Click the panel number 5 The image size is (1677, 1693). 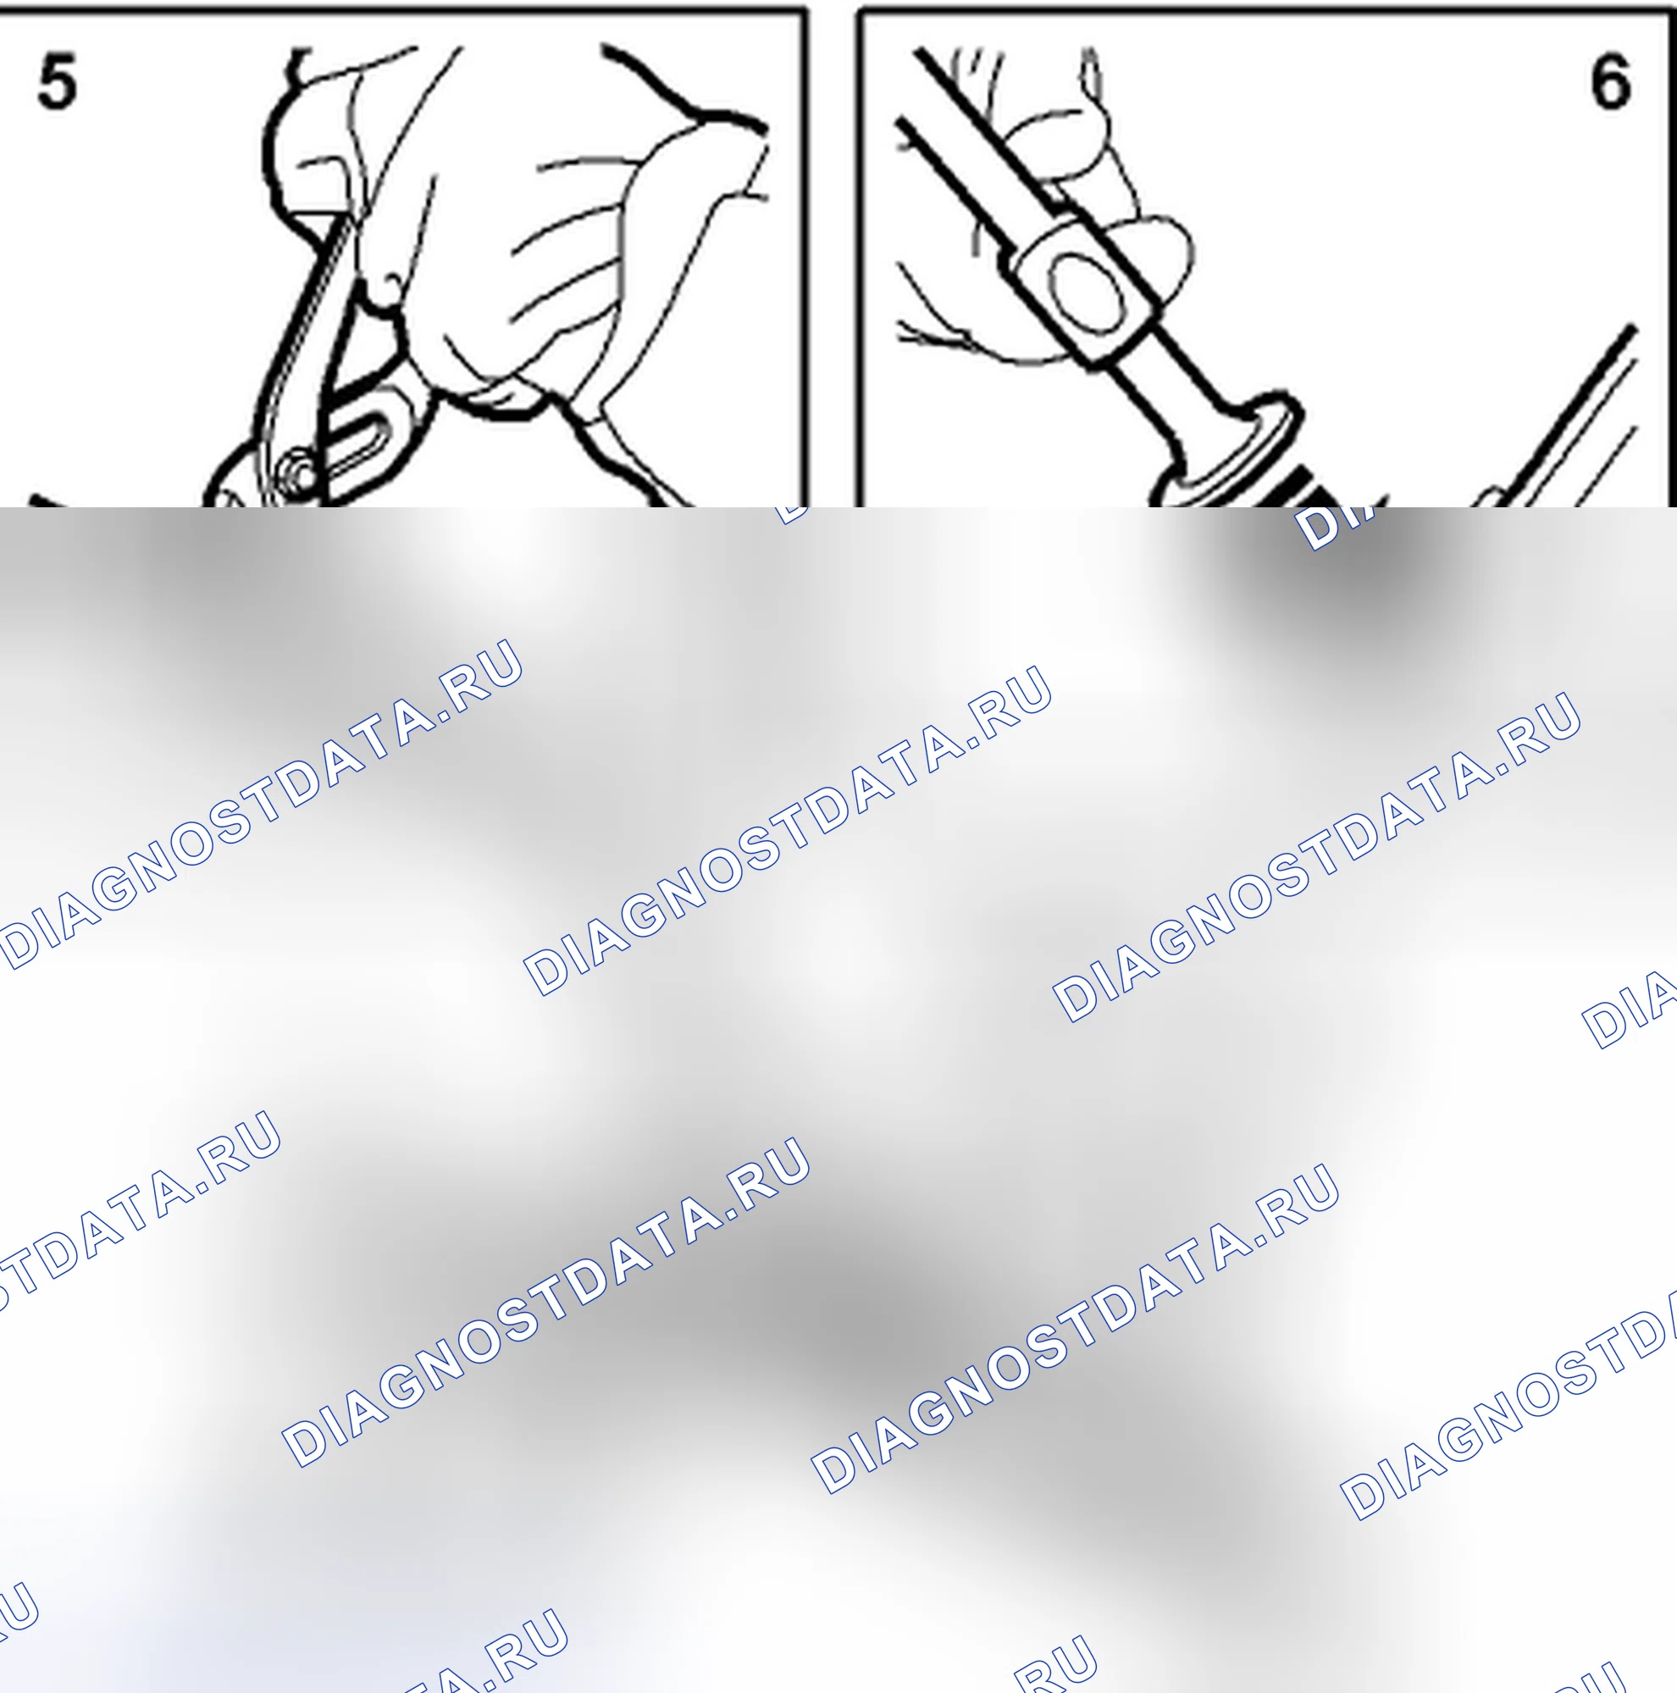[x=57, y=81]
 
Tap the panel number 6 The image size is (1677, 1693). [x=1610, y=81]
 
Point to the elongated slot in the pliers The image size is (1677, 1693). [x=359, y=443]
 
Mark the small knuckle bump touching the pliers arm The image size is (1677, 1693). [x=385, y=289]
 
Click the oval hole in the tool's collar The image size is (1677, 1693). [x=1087, y=294]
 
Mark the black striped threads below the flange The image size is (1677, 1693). [x=1297, y=486]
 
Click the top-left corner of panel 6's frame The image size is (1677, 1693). [x=859, y=10]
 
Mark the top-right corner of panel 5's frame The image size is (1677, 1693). [x=805, y=10]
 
